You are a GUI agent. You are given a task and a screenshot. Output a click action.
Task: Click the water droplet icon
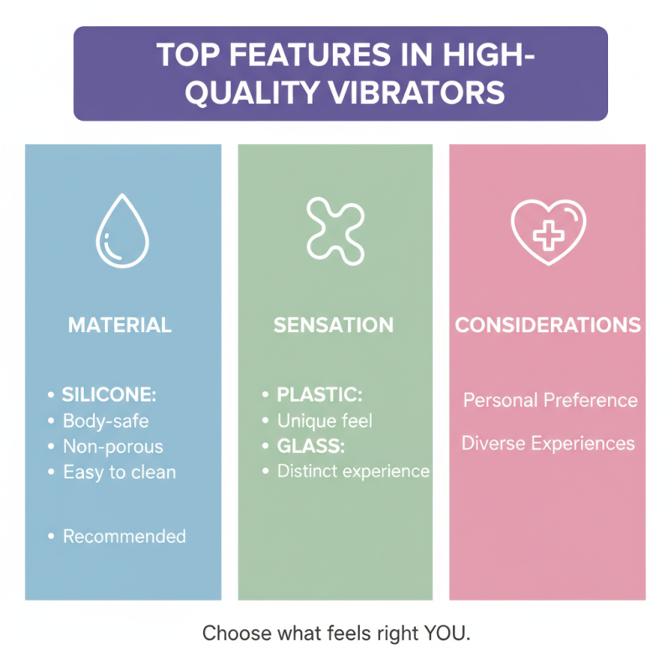click(122, 231)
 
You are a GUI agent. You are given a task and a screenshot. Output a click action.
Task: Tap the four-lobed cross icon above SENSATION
click(335, 227)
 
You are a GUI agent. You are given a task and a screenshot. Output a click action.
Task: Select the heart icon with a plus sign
click(549, 230)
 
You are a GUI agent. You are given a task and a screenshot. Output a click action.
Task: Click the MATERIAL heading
click(120, 325)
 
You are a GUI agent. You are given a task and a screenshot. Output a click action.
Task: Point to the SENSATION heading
click(333, 325)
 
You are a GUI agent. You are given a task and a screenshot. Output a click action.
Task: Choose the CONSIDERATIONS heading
click(548, 325)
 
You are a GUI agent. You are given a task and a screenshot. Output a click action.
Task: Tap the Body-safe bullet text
click(106, 420)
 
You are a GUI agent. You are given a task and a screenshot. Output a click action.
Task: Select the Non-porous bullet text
click(113, 446)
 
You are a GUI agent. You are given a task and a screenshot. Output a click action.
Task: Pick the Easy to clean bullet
click(119, 472)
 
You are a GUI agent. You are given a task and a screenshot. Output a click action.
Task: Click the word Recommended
click(124, 536)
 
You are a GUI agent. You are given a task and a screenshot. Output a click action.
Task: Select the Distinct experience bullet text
click(353, 471)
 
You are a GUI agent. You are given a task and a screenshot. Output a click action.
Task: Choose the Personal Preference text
click(550, 400)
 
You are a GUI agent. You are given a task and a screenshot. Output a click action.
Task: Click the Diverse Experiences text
click(548, 443)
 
